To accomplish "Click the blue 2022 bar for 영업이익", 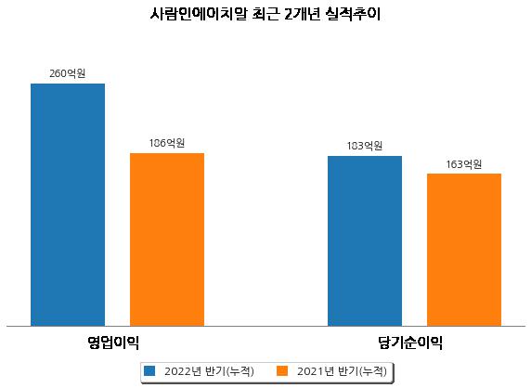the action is [x=68, y=205].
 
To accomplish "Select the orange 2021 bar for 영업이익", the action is [x=167, y=239].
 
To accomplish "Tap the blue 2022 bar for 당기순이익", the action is [x=365, y=241].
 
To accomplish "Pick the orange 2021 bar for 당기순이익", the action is [x=464, y=250].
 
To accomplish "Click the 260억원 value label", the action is [x=68, y=73].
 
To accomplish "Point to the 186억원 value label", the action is [x=167, y=143].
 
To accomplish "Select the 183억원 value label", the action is [x=365, y=146].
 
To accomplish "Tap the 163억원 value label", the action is [x=464, y=164].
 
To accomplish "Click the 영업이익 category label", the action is [x=113, y=343].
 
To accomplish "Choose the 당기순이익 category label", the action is [x=410, y=343].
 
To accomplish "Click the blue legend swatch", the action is [x=149, y=370].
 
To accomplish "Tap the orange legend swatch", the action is [x=282, y=370].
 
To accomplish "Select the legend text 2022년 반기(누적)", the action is [x=209, y=371].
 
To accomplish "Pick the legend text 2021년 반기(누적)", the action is [x=342, y=371].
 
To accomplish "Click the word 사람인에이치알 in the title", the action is [x=199, y=14].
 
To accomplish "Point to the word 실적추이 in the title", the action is [x=353, y=14].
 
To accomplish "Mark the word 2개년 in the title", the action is [x=302, y=14].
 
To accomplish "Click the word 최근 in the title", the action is [x=265, y=14].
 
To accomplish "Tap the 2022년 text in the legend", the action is [x=183, y=371].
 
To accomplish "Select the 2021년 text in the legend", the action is [x=316, y=371].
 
